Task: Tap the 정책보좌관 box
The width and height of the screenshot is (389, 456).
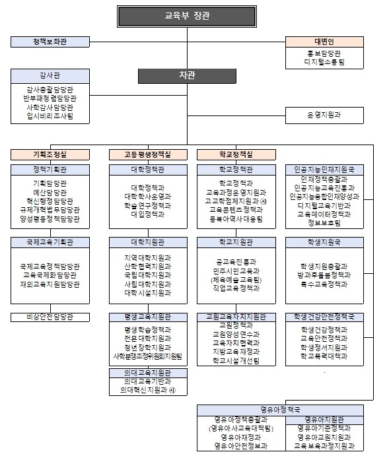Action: tap(50, 42)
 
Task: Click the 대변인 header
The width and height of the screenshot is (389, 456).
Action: tap(324, 42)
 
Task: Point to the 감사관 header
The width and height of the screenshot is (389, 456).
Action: tap(50, 75)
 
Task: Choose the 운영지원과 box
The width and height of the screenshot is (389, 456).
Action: tap(324, 115)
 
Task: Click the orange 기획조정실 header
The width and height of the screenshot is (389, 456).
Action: tap(50, 154)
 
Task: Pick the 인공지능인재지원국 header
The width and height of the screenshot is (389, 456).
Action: tap(324, 170)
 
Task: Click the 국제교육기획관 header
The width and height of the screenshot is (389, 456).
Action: tap(50, 243)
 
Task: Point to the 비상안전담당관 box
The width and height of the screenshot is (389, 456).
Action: tap(50, 317)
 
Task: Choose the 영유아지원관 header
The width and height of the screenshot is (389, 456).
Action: tap(324, 419)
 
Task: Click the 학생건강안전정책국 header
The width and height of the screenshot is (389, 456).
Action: tap(324, 317)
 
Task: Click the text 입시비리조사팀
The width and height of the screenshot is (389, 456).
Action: tap(50, 116)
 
